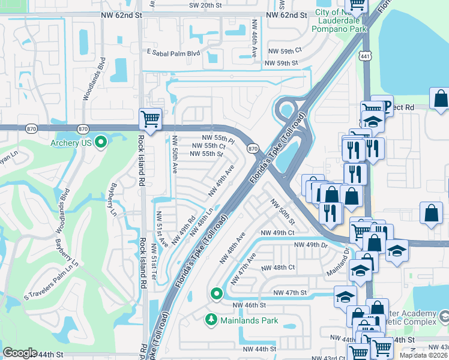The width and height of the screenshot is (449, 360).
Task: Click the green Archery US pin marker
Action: [101, 142]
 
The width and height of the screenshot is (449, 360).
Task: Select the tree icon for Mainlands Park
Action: [210, 320]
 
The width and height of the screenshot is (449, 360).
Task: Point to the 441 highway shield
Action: [365, 56]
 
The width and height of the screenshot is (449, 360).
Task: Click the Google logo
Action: [20, 353]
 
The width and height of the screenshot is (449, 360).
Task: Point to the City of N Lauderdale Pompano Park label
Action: [340, 20]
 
